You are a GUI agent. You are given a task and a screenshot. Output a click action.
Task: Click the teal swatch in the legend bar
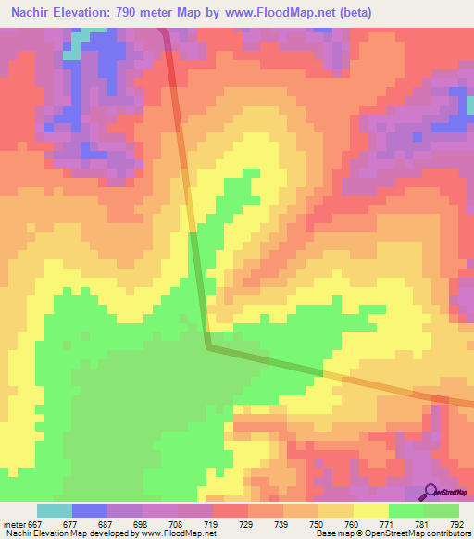pyautogui.click(x=55, y=510)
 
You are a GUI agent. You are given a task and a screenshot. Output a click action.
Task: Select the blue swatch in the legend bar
pyautogui.click(x=90, y=510)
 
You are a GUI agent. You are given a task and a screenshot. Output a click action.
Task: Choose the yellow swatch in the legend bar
pyautogui.click(x=371, y=510)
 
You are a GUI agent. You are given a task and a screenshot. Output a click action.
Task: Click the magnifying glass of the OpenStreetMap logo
pyautogui.click(x=431, y=491)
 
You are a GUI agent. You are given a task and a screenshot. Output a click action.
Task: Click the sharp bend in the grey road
pyautogui.click(x=207, y=348)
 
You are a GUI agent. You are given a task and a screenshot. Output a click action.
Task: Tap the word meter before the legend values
pyautogui.click(x=17, y=523)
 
